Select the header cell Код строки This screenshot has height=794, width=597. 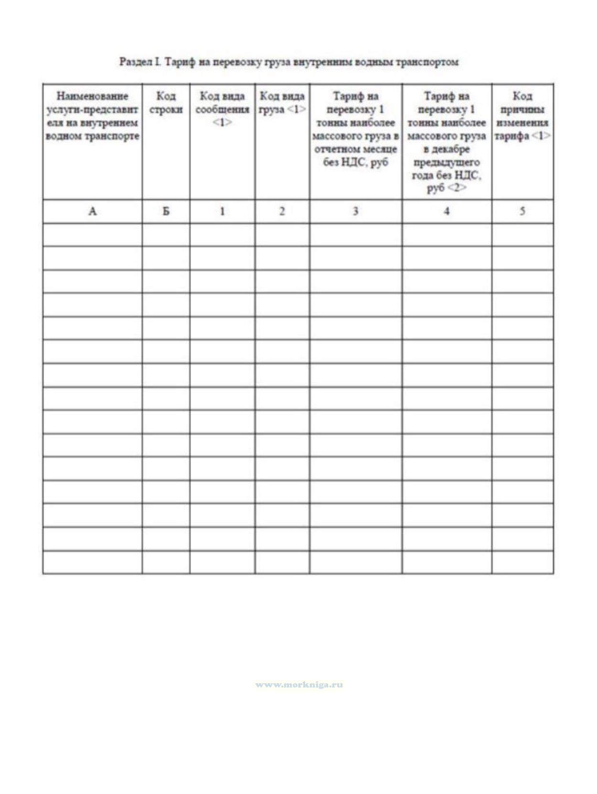(166, 103)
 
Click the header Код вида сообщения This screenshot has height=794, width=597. (222, 109)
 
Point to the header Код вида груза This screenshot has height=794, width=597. (282, 103)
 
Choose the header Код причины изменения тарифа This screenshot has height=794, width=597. (522, 116)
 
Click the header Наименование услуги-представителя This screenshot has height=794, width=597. (93, 116)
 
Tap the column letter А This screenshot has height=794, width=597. (93, 211)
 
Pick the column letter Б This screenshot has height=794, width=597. (166, 211)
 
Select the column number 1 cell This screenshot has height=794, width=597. (222, 211)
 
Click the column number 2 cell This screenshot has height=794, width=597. (282, 211)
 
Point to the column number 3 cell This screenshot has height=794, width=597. (355, 211)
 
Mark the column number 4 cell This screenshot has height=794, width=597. (447, 211)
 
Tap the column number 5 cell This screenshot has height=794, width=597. (522, 211)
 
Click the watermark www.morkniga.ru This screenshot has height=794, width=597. (299, 685)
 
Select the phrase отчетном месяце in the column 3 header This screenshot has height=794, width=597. (355, 149)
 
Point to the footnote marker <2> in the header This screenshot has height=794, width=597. (457, 188)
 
